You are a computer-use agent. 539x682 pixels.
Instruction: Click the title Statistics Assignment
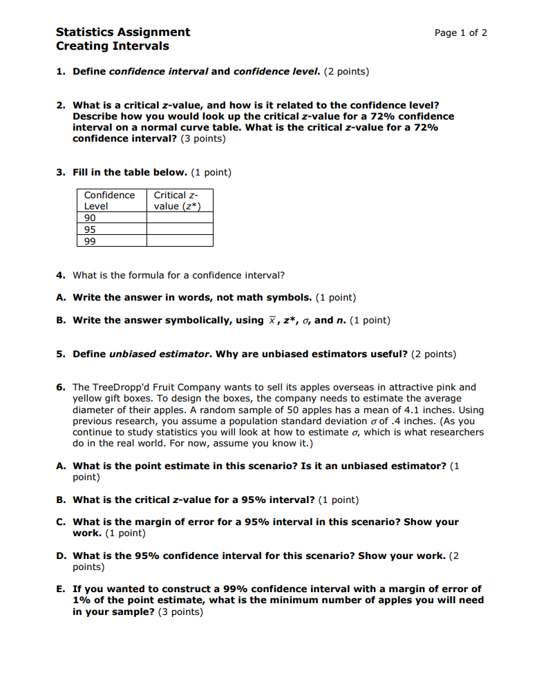[x=122, y=32]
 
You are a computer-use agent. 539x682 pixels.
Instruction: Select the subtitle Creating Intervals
[x=112, y=46]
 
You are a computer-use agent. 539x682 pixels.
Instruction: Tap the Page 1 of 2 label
[x=460, y=32]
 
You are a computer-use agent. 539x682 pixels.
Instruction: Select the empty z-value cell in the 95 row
[x=180, y=229]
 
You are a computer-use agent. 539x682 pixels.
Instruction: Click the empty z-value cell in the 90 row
[x=180, y=218]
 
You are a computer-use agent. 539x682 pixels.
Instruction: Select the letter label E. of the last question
[x=61, y=589]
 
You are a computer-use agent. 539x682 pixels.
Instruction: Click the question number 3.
[x=61, y=172]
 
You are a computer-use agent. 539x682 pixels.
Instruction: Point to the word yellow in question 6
[x=87, y=399]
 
